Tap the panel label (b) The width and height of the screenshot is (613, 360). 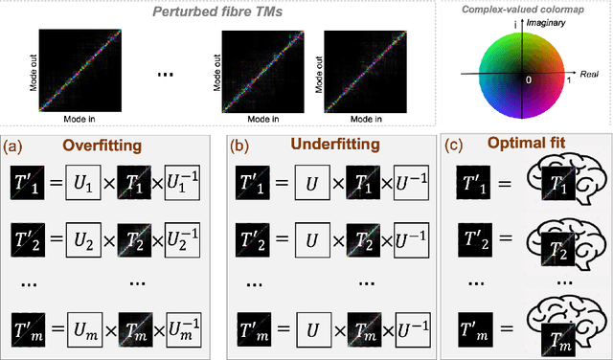pos(239,147)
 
